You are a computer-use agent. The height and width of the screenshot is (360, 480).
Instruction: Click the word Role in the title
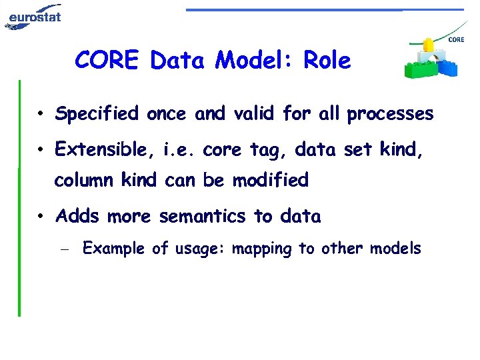(x=327, y=61)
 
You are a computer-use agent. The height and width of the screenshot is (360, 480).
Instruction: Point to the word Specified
(x=97, y=115)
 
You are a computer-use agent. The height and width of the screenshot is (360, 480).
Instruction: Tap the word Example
(x=113, y=249)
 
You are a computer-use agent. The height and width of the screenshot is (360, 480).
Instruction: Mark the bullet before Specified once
(x=41, y=115)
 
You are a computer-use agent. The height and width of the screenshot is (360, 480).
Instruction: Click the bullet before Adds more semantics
(x=41, y=217)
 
